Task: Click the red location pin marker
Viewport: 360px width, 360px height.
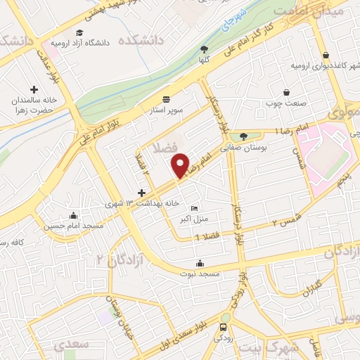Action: [x=181, y=165]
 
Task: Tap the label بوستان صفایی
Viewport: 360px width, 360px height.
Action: [x=243, y=148]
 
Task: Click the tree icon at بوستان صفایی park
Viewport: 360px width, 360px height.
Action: [x=243, y=136]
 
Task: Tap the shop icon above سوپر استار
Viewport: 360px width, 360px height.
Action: [x=166, y=99]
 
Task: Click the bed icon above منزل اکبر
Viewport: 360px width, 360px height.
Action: [x=195, y=208]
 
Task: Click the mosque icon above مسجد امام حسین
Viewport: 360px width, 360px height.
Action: [x=74, y=216]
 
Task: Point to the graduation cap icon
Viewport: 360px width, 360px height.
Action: [x=79, y=33]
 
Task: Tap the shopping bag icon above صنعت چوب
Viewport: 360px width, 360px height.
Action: [x=285, y=92]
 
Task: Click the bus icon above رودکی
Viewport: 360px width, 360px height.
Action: [x=224, y=327]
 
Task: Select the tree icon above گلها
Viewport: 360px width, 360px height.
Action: [x=204, y=49]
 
